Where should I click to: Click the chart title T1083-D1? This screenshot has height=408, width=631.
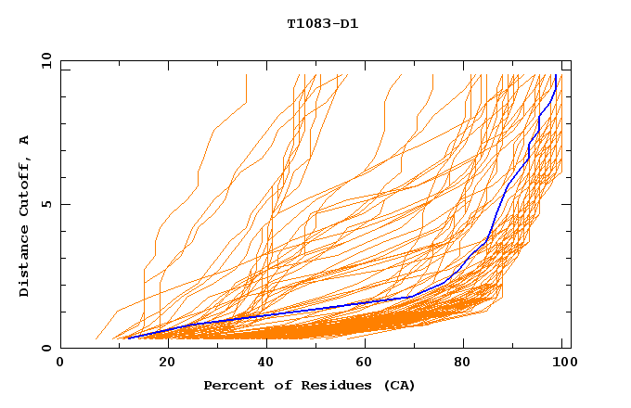[322, 23]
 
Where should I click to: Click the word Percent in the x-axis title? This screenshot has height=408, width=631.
[231, 385]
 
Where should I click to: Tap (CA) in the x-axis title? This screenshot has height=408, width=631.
[400, 385]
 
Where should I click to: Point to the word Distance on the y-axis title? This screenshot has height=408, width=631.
[24, 264]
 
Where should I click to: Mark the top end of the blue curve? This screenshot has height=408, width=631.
[555, 75]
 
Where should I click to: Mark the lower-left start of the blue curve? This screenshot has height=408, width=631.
[127, 338]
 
